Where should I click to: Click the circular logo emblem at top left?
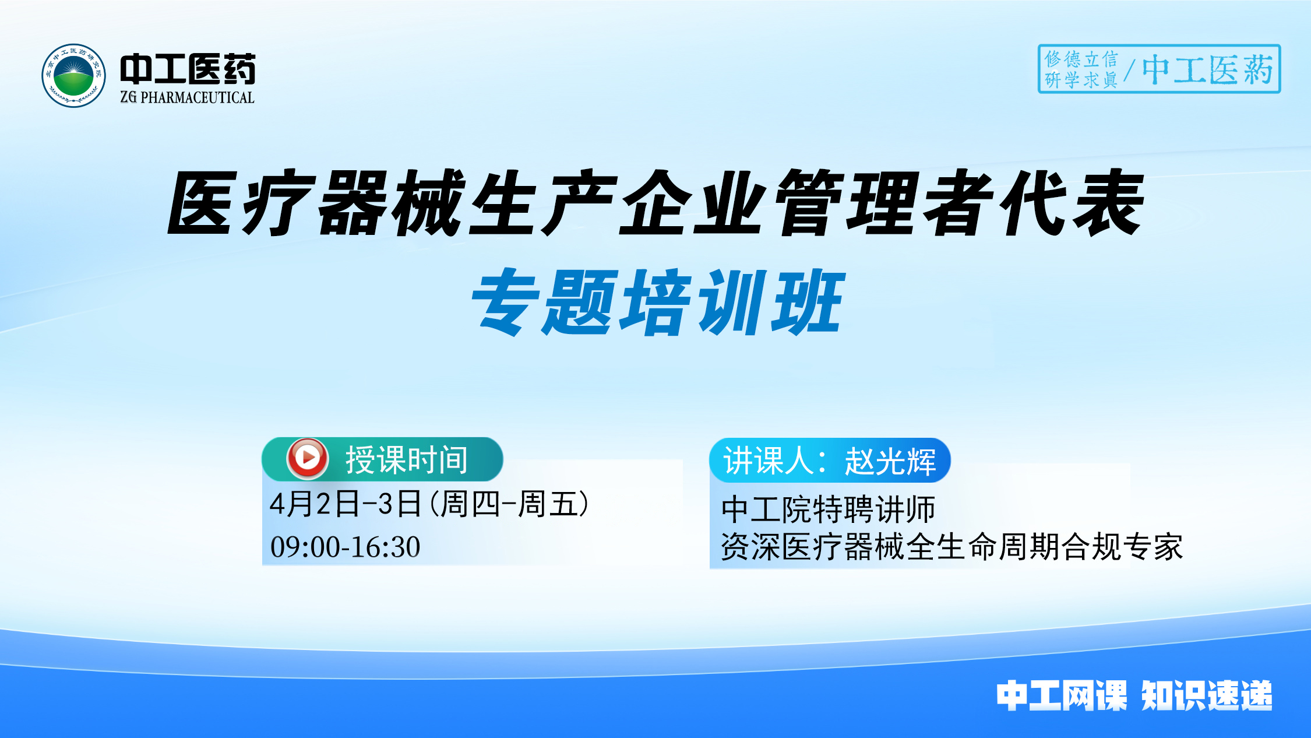(x=73, y=76)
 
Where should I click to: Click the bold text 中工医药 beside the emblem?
(x=188, y=69)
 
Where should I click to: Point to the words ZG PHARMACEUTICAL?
(x=188, y=97)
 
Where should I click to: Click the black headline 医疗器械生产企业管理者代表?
(x=655, y=203)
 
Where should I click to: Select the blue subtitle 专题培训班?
(x=657, y=302)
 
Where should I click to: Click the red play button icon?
(x=307, y=458)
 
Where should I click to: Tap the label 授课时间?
(x=407, y=460)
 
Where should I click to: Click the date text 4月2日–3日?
(x=346, y=504)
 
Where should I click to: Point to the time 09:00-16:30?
(x=345, y=547)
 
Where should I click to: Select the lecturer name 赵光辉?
(x=890, y=461)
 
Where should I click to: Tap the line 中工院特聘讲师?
(x=828, y=509)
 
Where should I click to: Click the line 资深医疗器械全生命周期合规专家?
(x=951, y=547)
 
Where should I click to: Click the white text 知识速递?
(x=1207, y=695)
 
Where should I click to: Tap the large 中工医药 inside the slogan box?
(x=1207, y=70)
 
